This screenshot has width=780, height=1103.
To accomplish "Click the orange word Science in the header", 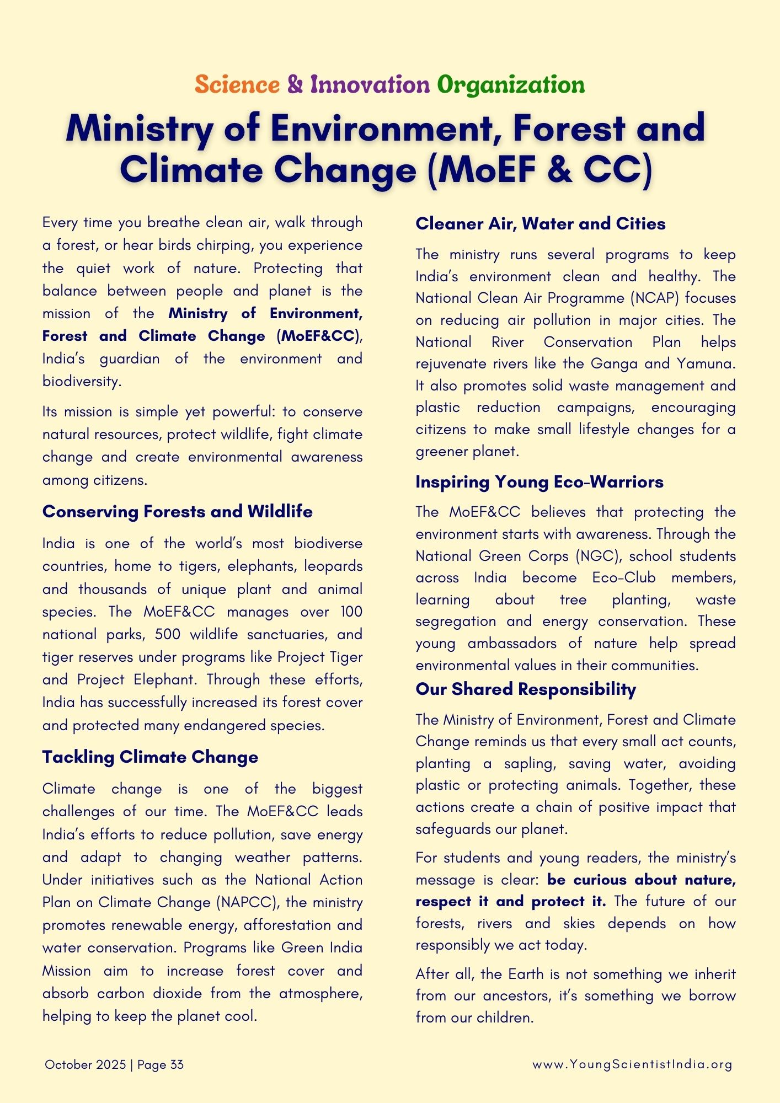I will click(x=237, y=85).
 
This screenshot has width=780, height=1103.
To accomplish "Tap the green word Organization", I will click(x=511, y=85).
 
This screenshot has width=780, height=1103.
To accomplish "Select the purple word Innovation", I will click(x=370, y=85).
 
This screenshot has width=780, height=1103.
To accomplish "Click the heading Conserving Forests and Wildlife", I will click(x=177, y=512).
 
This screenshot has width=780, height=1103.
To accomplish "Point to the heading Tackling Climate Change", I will click(x=150, y=757).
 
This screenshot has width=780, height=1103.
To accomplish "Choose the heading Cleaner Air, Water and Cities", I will click(x=540, y=223).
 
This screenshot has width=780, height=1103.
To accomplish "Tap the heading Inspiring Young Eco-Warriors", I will click(x=539, y=482).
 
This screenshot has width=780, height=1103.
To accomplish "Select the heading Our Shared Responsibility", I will click(x=525, y=689).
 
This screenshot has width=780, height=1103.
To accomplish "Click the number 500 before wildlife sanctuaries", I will click(x=168, y=634).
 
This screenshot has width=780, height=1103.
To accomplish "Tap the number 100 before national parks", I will click(x=351, y=612).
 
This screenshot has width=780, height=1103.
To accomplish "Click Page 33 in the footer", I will click(x=161, y=1065).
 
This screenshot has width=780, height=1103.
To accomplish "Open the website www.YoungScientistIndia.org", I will click(x=632, y=1065).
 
